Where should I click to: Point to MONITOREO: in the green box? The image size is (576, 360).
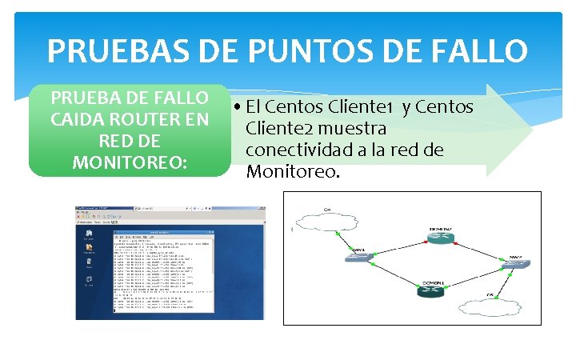[130, 162]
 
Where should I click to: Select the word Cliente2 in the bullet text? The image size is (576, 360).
[279, 128]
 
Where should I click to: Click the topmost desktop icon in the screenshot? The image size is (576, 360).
[89, 233]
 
